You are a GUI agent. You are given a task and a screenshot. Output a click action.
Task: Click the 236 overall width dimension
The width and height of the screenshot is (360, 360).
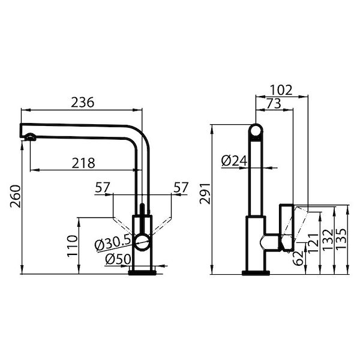click(83, 102)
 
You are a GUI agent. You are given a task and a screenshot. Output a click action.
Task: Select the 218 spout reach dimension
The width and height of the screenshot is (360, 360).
click(82, 163)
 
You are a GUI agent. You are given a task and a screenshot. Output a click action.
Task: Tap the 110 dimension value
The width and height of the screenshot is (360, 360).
click(71, 246)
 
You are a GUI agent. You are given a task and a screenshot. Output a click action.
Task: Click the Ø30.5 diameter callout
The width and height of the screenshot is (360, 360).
click(113, 244)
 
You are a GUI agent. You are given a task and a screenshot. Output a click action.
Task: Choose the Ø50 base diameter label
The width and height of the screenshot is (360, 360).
click(118, 260)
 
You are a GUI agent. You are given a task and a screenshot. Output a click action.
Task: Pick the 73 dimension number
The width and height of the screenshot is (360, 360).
click(272, 104)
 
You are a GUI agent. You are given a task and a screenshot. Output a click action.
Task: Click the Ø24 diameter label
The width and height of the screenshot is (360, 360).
click(233, 161)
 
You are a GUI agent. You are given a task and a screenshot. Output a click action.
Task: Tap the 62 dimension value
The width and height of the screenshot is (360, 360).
click(298, 257)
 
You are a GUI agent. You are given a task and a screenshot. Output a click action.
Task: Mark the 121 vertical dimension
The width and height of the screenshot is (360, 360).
click(312, 241)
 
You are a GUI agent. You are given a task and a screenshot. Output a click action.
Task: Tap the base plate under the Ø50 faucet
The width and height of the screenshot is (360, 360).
click(143, 273)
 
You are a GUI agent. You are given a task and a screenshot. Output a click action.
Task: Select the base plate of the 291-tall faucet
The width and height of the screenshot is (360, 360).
click(256, 273)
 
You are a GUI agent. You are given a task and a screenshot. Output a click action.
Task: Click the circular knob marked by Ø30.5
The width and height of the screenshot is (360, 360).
click(143, 242)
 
